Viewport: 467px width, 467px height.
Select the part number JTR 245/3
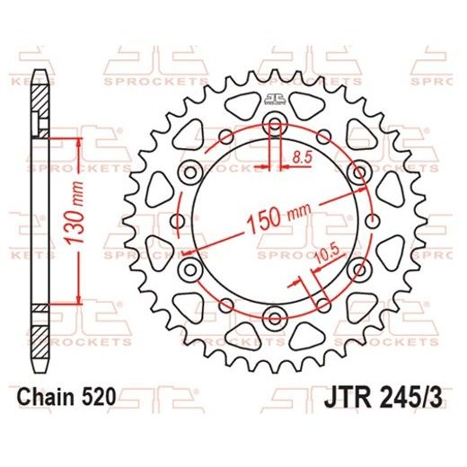point(393,396)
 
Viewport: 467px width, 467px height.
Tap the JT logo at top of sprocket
point(274,99)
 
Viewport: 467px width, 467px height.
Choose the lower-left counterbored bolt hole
point(189,269)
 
